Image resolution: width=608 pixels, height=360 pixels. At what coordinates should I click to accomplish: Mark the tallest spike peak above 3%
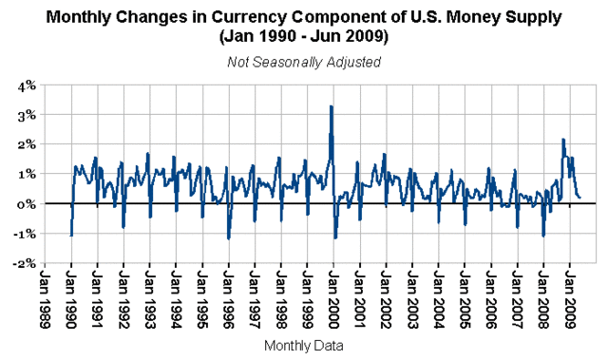pos(331,106)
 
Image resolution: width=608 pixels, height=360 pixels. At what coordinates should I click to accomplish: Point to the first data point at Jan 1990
pos(71,236)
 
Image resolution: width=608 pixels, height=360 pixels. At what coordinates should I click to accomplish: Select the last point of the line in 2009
pos(580,197)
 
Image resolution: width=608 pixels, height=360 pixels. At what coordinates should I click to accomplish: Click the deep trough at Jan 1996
pos(229,238)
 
